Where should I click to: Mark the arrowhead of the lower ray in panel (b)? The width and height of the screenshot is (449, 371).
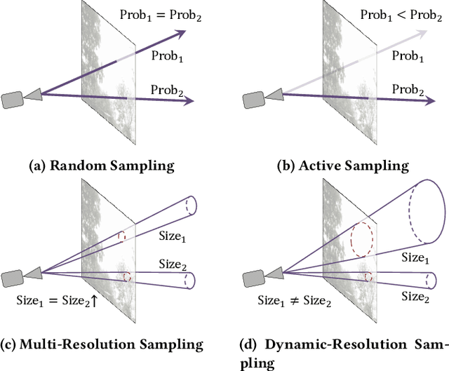point(428,101)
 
